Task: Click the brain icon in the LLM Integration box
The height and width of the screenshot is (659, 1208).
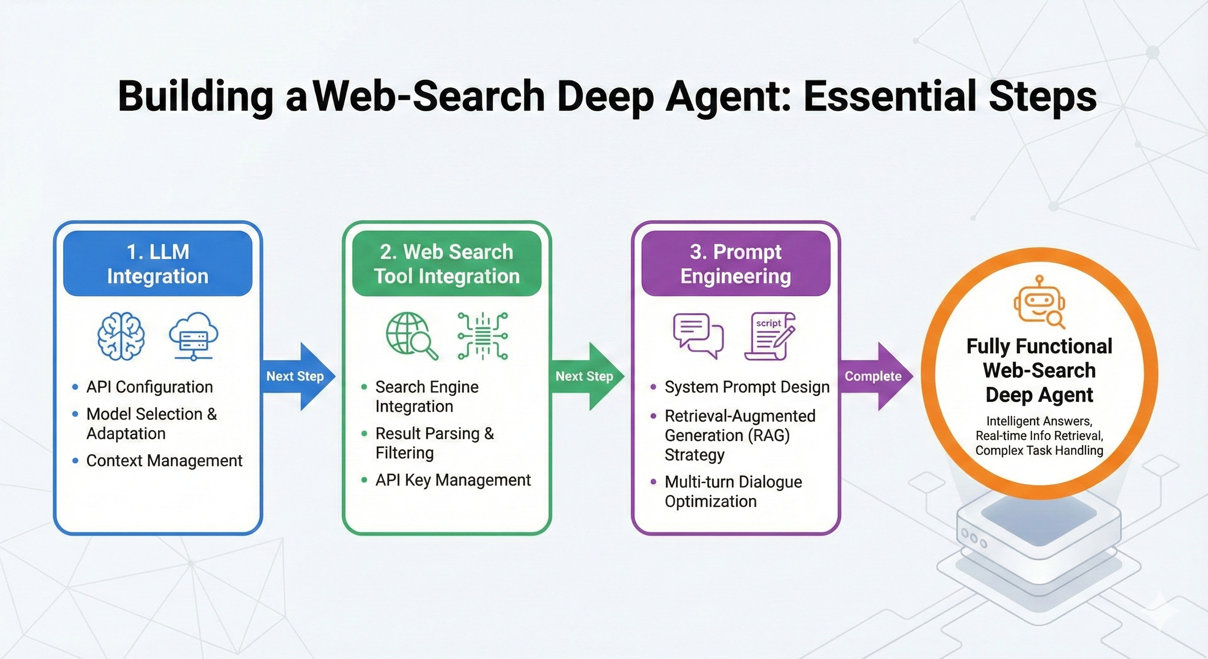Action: [x=121, y=336]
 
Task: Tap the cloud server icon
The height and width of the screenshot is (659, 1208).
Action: [x=193, y=336]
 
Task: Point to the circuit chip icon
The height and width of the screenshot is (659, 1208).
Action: [x=483, y=336]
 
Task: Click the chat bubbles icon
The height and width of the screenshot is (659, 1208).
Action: [x=698, y=336]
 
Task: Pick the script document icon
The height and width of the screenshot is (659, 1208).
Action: [x=770, y=336]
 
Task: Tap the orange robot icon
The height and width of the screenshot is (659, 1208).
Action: [x=1039, y=302]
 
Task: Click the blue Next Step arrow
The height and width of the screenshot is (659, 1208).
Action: [x=298, y=376]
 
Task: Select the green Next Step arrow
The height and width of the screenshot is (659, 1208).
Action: [x=587, y=376]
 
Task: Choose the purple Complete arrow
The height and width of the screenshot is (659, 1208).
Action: [x=876, y=376]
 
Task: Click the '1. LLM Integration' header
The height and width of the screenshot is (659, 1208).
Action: [x=157, y=263]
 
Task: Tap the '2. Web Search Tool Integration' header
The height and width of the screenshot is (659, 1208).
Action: [x=447, y=263]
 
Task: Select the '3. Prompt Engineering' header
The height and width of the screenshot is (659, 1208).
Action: [x=736, y=263]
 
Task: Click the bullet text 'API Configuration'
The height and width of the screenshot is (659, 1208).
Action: [x=150, y=387]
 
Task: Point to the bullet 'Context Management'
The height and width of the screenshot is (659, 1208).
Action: [x=164, y=461]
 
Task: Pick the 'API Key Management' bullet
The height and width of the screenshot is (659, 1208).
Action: [x=453, y=480]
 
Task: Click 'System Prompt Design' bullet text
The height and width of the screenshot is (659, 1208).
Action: [x=747, y=387]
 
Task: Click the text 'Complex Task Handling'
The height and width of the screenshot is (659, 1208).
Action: [x=1039, y=450]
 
